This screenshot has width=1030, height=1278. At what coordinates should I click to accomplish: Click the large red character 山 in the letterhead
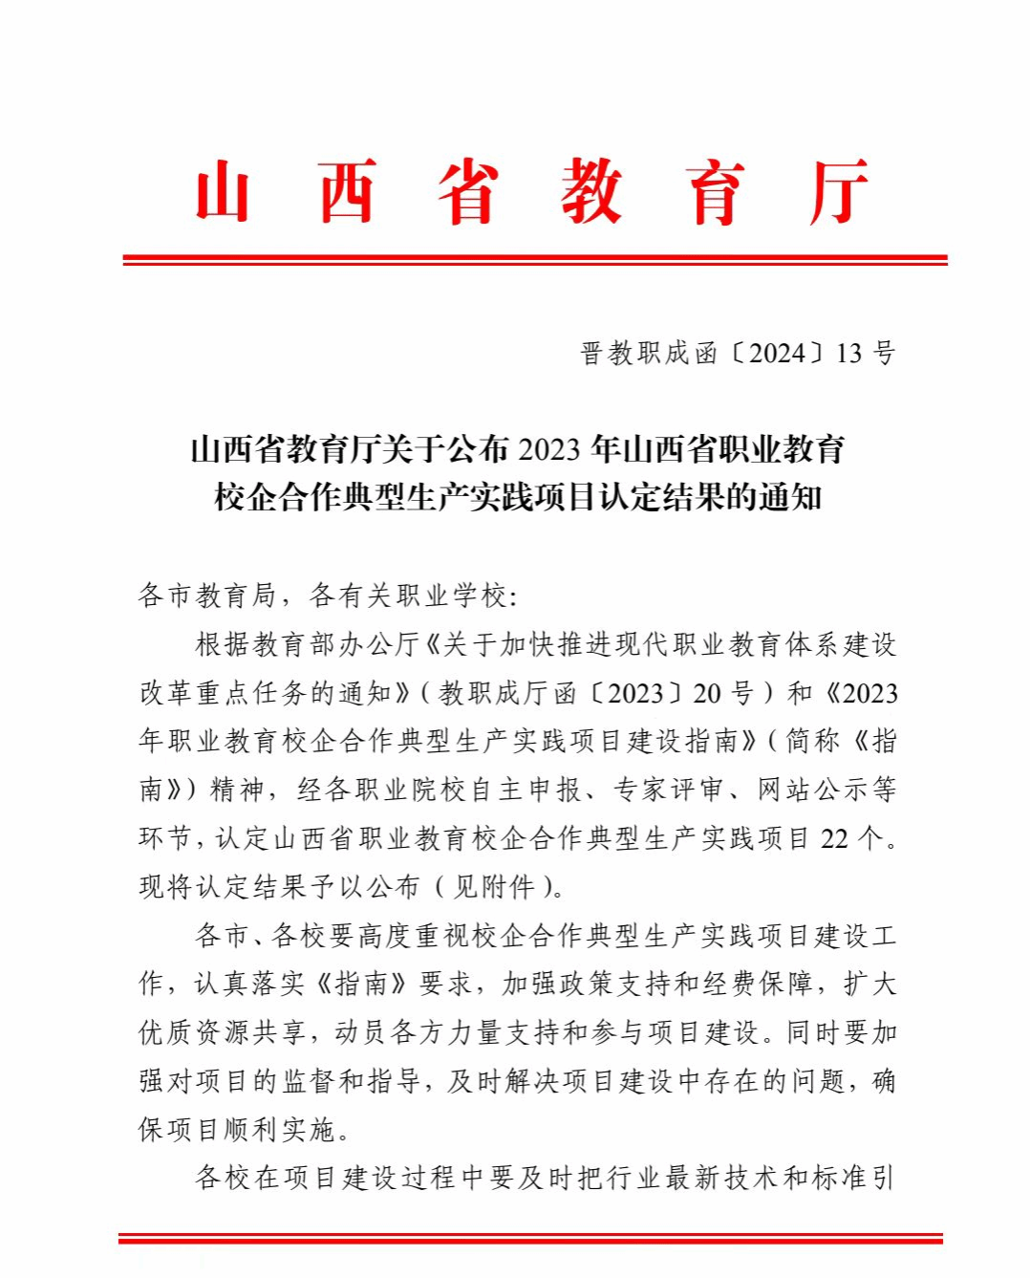click(223, 192)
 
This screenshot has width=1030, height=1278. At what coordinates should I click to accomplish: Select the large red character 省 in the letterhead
click(468, 192)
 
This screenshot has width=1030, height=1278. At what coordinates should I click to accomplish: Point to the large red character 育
click(715, 192)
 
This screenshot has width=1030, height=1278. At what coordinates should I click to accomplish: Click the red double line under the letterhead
click(535, 259)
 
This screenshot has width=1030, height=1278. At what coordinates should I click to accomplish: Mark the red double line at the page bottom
click(530, 1239)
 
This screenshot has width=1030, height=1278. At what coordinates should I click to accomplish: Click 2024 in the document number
click(778, 354)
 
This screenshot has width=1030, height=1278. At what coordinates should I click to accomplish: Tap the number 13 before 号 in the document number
click(849, 354)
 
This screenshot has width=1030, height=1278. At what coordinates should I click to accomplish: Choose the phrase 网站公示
click(799, 790)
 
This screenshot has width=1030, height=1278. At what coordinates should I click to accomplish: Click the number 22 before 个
click(834, 838)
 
